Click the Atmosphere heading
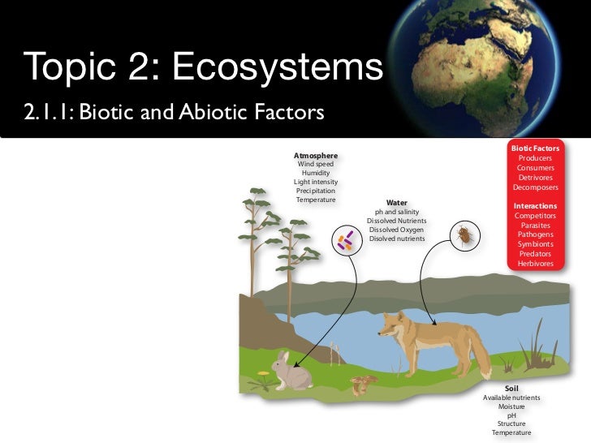315,155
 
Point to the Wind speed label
315,164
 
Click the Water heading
396,203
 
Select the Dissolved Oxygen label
396,230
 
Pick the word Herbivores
534,264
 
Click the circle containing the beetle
464,236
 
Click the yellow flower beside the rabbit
262,374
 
